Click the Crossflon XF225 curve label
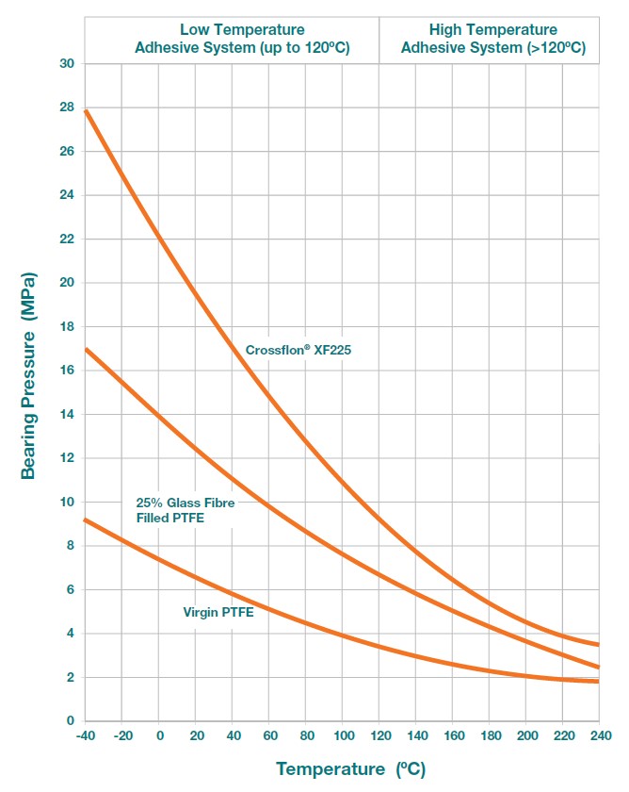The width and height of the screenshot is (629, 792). (x=298, y=350)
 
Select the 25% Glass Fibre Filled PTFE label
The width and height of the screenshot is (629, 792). (x=185, y=510)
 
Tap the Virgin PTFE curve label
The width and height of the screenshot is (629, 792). (x=218, y=612)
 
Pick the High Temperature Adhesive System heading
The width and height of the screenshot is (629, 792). (x=492, y=39)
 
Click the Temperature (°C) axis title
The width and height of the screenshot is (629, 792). (x=350, y=769)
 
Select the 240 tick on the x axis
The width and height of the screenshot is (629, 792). (x=600, y=734)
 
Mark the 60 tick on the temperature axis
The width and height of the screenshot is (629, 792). (x=269, y=734)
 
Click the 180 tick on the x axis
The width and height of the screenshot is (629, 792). (x=490, y=734)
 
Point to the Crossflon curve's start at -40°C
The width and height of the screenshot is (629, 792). (x=86, y=110)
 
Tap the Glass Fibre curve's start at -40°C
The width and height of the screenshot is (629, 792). (x=86, y=349)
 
